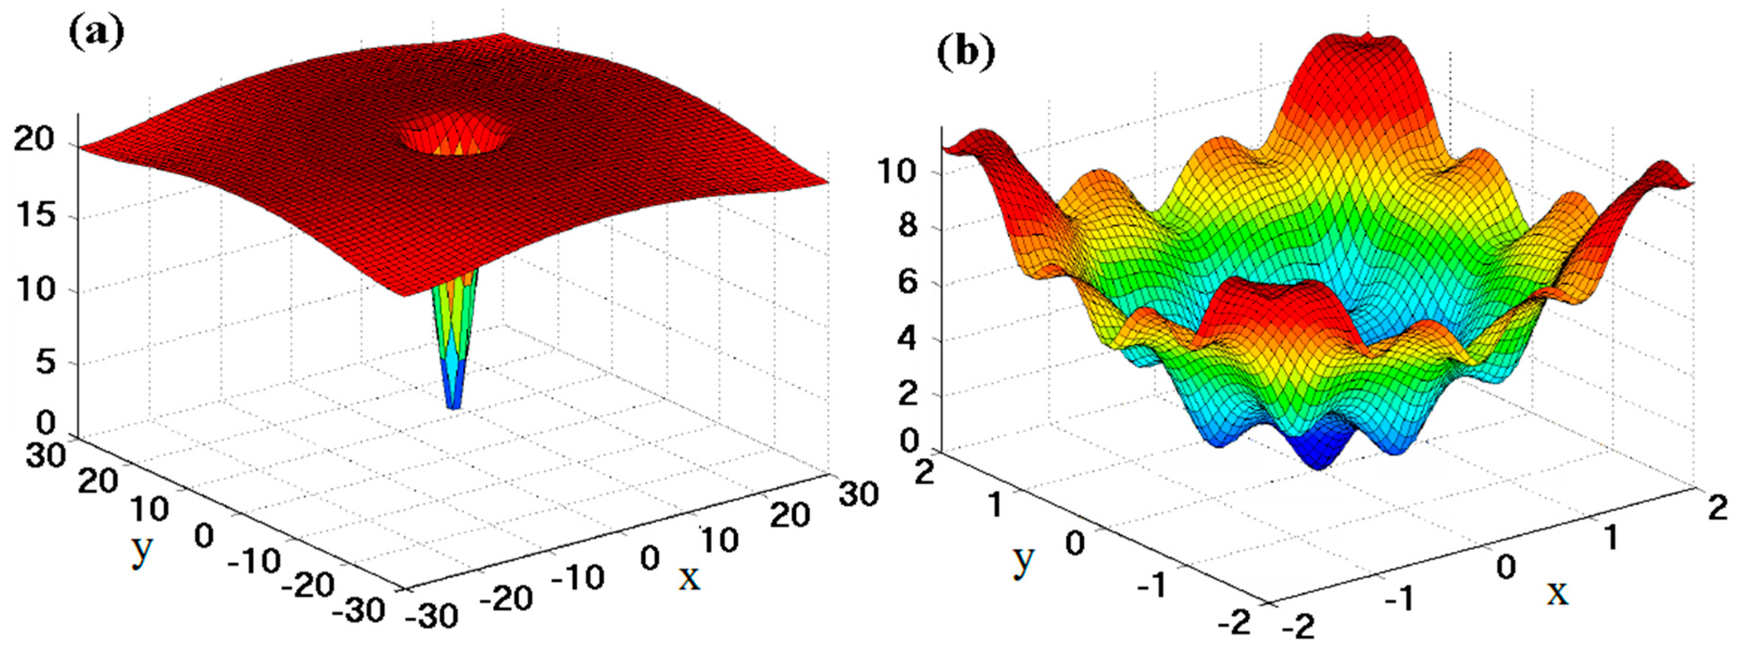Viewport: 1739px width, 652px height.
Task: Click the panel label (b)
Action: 966,52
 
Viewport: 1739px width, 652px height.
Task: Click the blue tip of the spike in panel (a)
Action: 454,404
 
